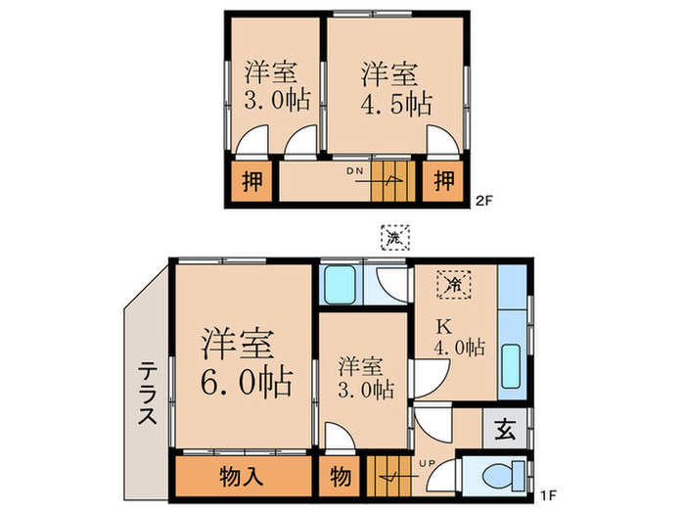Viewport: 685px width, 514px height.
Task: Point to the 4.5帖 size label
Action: (x=395, y=103)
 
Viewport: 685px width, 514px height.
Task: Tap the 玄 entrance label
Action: (x=505, y=428)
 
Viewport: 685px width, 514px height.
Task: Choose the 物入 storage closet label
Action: (x=242, y=477)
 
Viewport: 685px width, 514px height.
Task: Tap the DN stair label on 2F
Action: (x=353, y=170)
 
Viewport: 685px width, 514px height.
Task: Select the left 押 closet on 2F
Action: (x=252, y=182)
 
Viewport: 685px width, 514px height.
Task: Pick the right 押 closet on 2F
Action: (x=443, y=180)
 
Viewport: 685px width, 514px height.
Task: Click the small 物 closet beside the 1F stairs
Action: (x=341, y=478)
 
